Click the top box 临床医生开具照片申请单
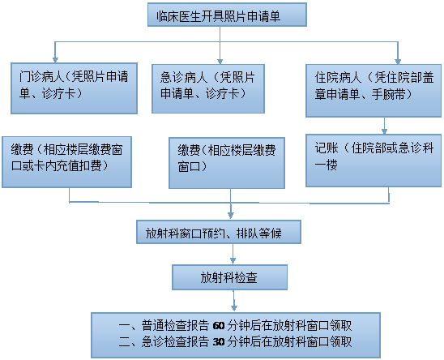227,15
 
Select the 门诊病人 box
75,88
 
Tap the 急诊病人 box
208,88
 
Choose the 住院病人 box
374,91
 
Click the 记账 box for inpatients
374,161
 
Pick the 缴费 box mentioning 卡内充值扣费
66,162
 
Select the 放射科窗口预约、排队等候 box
219,232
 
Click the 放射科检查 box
229,277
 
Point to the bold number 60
218,326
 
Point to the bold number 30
218,342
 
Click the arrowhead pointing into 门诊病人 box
55,59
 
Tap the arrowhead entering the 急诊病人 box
220,62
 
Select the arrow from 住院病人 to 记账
384,126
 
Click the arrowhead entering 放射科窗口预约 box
231,216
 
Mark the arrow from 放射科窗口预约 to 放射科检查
233,255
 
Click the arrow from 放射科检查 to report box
233,301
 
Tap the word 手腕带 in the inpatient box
389,94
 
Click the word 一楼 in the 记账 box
327,165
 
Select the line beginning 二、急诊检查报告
235,342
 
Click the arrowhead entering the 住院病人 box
398,62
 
